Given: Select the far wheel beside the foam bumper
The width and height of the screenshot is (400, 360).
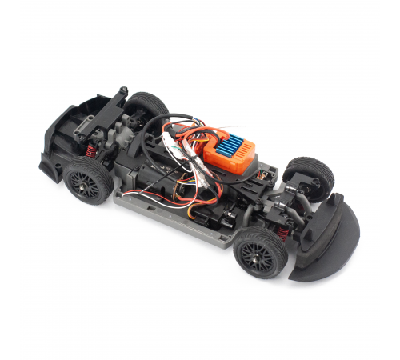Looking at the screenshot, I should tap(308, 175).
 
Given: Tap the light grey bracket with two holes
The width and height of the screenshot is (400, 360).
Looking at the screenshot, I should tap(265, 171).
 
